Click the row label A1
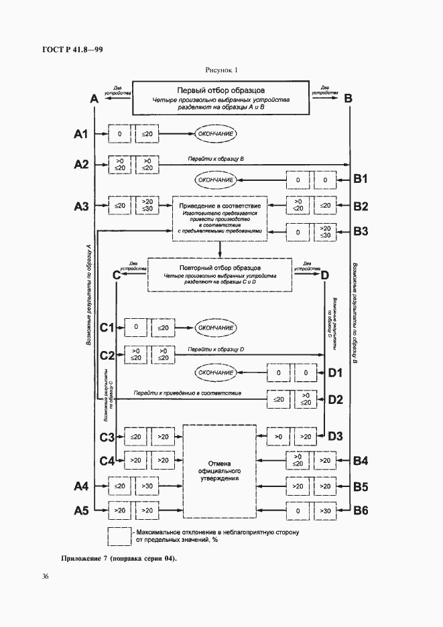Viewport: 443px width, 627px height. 80,135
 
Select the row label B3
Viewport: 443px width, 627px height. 361,232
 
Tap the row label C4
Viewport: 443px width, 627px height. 107,460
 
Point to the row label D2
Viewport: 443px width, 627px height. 335,399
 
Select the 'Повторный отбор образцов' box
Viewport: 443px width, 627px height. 220,275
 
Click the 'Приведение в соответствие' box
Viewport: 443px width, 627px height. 220,216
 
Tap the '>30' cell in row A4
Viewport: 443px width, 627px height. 145,485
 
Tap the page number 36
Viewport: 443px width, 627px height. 45,576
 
